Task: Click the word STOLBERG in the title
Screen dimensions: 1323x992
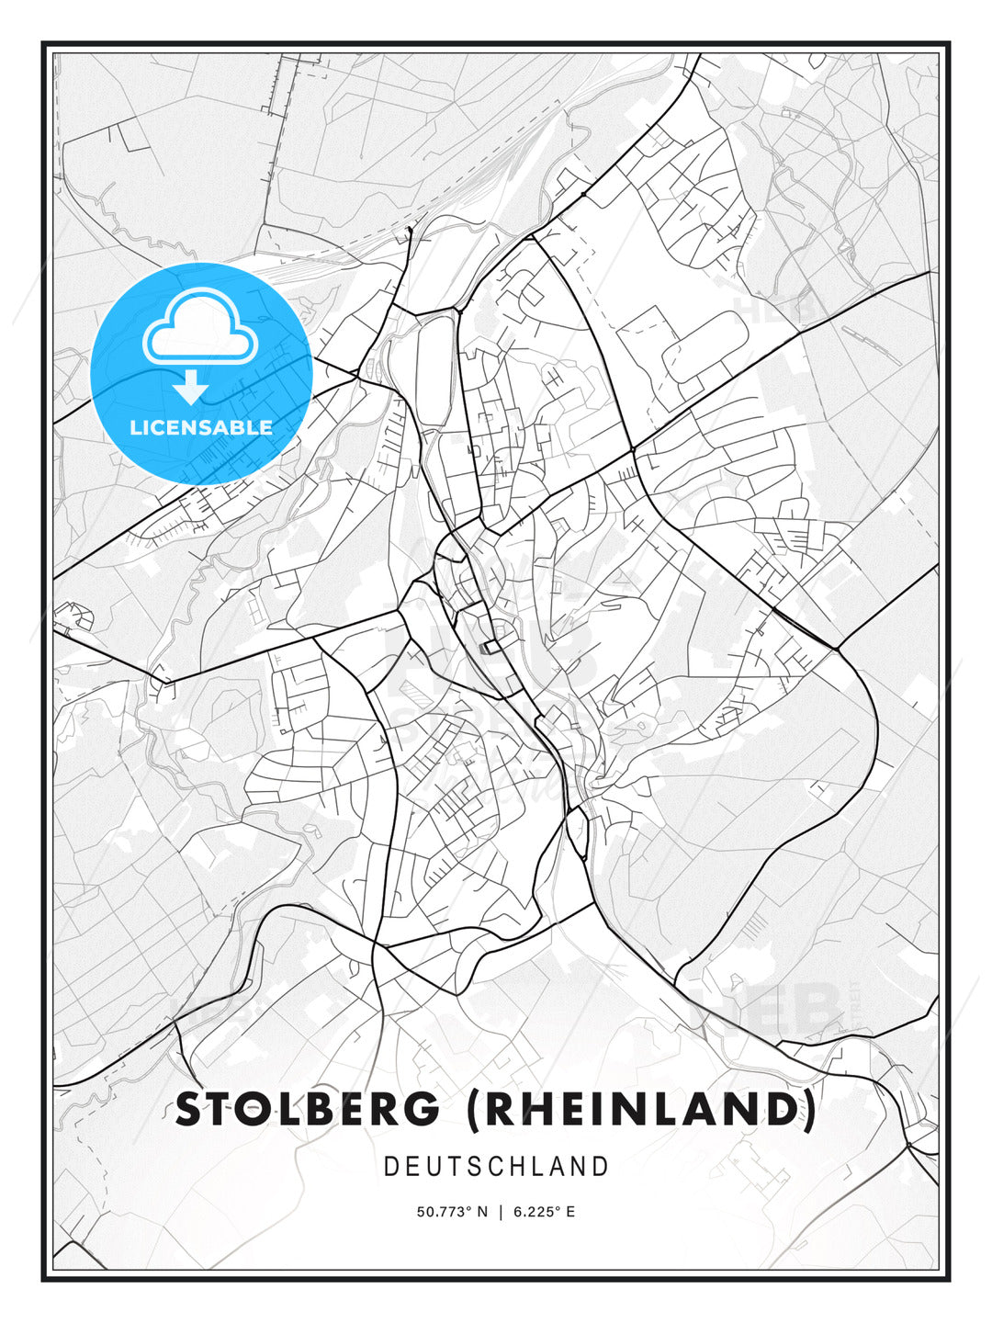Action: click(x=308, y=1109)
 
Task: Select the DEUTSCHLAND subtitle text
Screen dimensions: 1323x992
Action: click(x=496, y=1167)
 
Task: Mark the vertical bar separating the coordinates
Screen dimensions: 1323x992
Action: click(x=501, y=1212)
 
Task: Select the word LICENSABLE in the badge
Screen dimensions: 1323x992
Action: click(x=201, y=427)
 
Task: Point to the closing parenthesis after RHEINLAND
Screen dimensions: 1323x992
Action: click(x=808, y=1109)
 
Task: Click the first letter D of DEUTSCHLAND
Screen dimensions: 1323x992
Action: click(x=390, y=1167)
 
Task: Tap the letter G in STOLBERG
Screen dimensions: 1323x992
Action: click(x=425, y=1109)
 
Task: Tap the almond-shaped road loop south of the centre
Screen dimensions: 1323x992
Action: click(x=577, y=832)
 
